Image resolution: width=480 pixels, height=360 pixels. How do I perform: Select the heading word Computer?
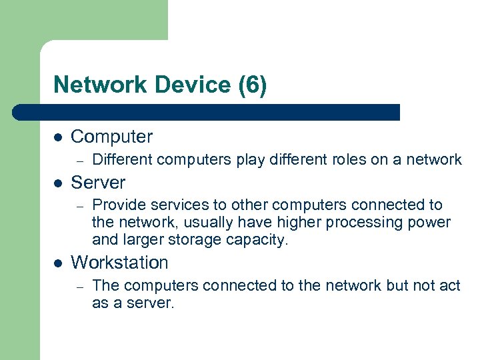pos(111,137)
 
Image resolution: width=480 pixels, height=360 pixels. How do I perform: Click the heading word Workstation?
pos(119,263)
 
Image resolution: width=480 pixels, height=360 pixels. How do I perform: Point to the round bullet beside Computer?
pos(58,137)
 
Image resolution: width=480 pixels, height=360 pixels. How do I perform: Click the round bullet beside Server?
pos(58,183)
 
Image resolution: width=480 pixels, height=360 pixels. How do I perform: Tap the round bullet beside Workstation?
pos(58,263)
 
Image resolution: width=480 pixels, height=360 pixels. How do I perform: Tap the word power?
pos(431,222)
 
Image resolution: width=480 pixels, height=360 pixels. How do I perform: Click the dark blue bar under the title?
pos(207,112)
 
